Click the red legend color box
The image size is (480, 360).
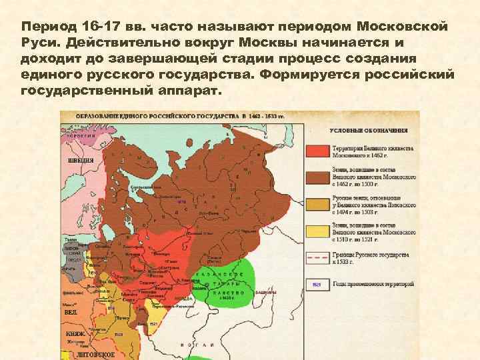pos(317,151)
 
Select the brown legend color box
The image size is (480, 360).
pos(317,177)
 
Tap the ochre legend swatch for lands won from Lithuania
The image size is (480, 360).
pos(317,203)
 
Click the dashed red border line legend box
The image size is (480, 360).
pos(317,257)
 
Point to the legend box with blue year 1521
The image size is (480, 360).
pos(317,283)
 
